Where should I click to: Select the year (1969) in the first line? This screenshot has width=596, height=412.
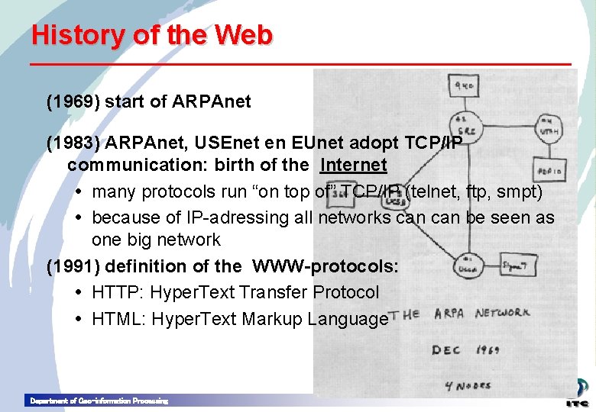click(x=72, y=101)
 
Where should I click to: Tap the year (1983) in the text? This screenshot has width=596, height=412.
click(x=72, y=143)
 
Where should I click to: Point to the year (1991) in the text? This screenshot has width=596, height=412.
click(x=72, y=266)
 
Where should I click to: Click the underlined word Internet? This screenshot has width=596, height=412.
click(x=353, y=165)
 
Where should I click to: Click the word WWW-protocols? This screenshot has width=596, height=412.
click(x=326, y=266)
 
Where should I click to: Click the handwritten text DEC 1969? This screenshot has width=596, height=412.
click(x=466, y=349)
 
